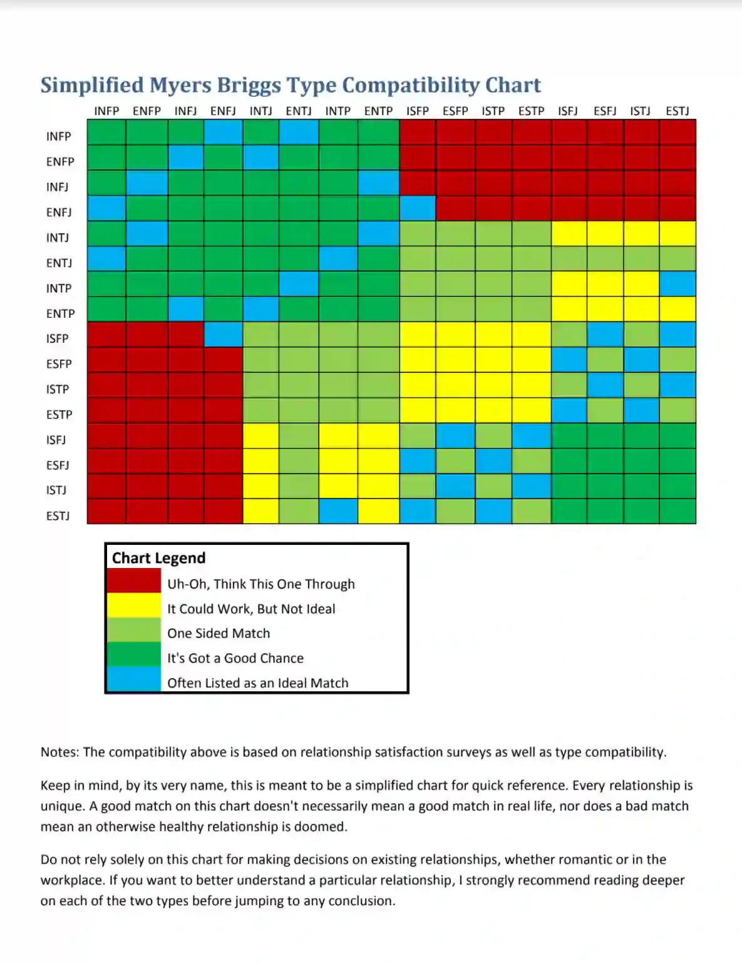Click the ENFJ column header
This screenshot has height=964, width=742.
pos(223,111)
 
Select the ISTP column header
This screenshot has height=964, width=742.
pos(493,111)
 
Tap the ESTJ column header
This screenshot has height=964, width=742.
pos(677,111)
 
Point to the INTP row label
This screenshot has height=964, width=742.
pos(59,288)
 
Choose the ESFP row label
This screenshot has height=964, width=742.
pos(59,364)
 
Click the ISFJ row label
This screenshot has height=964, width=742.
pos(56,440)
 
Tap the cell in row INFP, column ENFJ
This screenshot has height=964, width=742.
pos(223,133)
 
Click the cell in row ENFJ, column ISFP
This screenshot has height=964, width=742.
pos(418,208)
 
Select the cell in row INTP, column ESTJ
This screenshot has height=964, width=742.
pos(678,284)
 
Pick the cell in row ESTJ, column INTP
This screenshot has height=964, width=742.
pos(338,511)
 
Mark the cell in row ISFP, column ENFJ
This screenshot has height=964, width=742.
pos(223,335)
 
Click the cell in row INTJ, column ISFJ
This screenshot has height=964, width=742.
pos(569,233)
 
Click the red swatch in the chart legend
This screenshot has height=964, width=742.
pos(133,581)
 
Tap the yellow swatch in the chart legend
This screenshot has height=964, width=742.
pos(133,606)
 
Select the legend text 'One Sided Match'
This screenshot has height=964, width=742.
pos(219,633)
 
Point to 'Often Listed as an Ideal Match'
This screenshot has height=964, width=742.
pos(257,683)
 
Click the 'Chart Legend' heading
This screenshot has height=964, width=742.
pos(158,558)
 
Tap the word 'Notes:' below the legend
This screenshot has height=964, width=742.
pos(59,752)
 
